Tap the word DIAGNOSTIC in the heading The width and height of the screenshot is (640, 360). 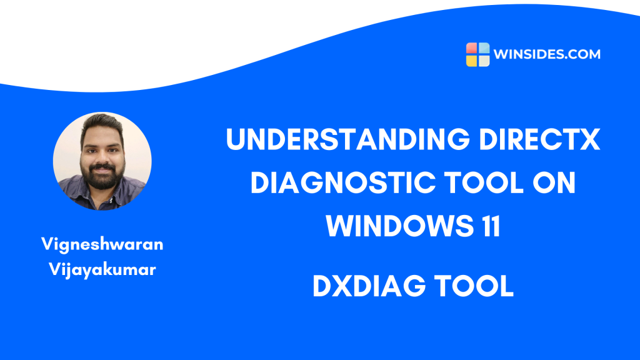point(335,184)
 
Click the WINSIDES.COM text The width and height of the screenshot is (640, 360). point(546,54)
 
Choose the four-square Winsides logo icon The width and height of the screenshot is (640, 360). point(477,54)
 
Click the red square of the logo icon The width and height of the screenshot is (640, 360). point(472,49)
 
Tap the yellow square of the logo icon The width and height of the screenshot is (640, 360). point(472,61)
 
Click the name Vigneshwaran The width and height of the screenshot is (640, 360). point(102,244)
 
